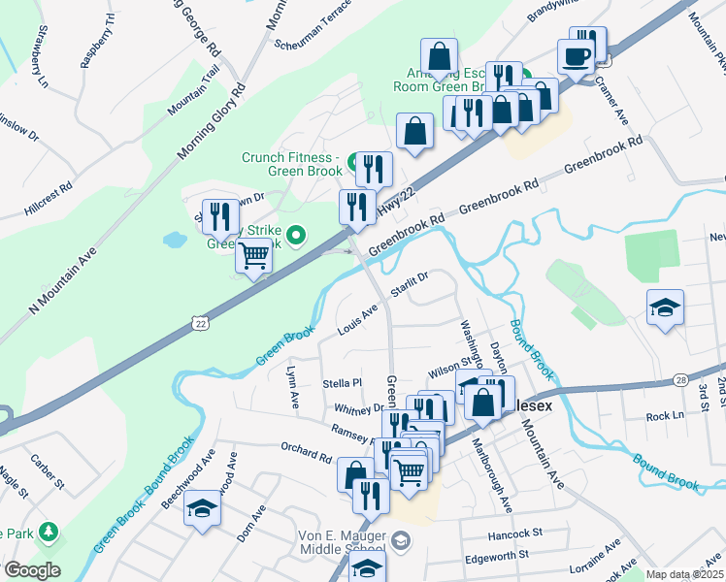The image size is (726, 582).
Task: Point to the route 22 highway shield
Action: pyautogui.click(x=199, y=322)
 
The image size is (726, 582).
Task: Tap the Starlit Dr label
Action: pyautogui.click(x=409, y=284)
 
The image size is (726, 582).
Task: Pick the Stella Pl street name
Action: pyautogui.click(x=342, y=384)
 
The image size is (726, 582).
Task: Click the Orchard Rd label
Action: pyautogui.click(x=306, y=451)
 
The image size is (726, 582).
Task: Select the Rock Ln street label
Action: pyautogui.click(x=664, y=416)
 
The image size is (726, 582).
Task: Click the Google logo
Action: pyautogui.click(x=32, y=570)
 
